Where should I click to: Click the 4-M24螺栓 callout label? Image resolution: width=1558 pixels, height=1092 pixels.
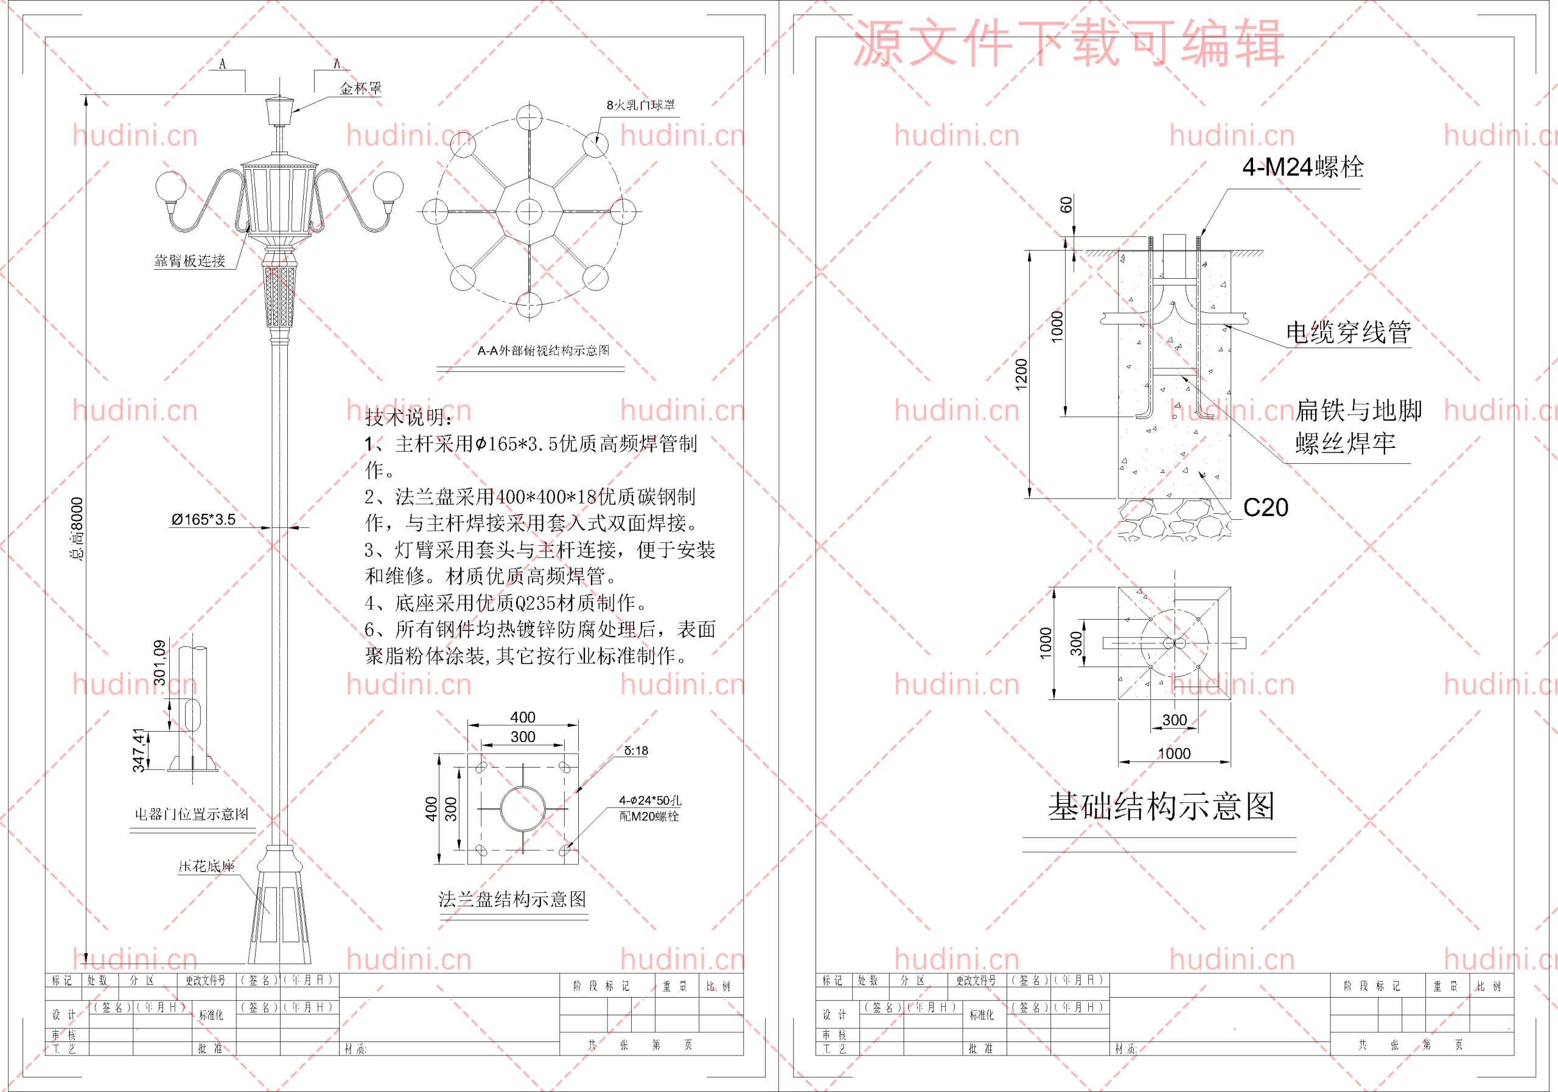[x=1302, y=167]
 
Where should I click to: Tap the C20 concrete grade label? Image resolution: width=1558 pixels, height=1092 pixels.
[x=1265, y=508]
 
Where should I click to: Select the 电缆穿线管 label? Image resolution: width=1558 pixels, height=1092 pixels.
[x=1347, y=332]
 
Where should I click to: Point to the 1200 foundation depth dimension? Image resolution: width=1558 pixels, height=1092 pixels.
[x=1021, y=374]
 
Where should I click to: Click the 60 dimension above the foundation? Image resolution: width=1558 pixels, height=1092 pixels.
[x=1066, y=205]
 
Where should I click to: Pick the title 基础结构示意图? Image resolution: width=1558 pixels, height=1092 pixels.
[x=1161, y=807]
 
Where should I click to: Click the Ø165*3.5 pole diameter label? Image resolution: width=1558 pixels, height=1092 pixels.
[x=203, y=520]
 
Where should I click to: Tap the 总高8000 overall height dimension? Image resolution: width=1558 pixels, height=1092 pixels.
[x=77, y=529]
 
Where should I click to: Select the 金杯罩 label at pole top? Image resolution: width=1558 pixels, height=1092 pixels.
[x=360, y=88]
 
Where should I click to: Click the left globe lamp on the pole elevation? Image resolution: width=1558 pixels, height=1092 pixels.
[x=171, y=187]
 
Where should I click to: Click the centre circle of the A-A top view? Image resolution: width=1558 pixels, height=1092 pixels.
[x=529, y=212]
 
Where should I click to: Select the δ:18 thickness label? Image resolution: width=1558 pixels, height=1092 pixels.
[x=636, y=751]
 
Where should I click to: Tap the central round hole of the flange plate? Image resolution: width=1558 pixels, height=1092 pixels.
[x=523, y=808]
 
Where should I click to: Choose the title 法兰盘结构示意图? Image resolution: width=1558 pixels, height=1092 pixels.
[x=512, y=899]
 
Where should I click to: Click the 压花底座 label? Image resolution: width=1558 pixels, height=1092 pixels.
[x=206, y=866]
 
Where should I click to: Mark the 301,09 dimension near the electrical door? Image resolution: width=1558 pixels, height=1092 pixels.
[x=159, y=662]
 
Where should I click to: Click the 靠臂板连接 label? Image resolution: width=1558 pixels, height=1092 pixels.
[x=189, y=261]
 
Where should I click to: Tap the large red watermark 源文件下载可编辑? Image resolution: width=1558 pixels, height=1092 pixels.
[x=1068, y=43]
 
